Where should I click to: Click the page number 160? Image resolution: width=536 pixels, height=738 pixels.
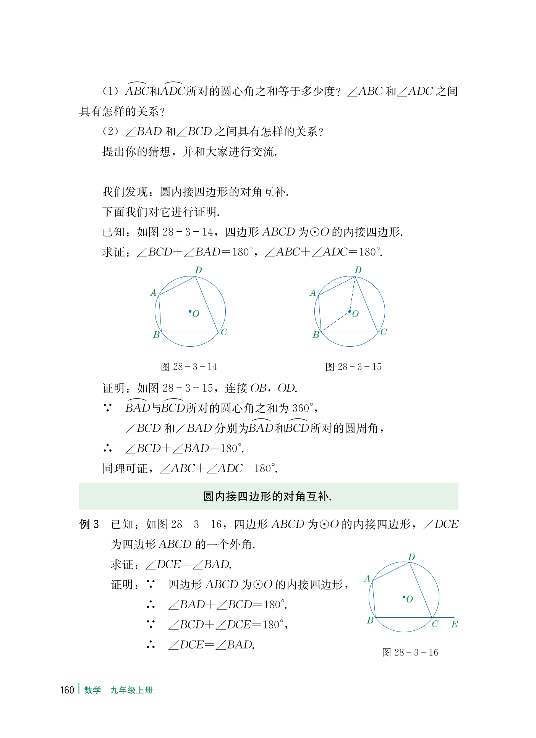67,690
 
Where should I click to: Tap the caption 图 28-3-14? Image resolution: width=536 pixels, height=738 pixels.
189,367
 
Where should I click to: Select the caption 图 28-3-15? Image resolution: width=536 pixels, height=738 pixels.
353,367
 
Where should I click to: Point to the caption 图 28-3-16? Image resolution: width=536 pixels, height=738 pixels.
410,652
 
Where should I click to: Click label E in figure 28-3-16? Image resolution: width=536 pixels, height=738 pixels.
454,624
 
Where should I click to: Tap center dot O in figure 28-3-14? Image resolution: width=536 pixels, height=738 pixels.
190,312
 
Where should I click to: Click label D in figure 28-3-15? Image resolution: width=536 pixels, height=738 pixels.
358,270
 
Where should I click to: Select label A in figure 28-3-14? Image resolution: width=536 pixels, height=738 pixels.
154,293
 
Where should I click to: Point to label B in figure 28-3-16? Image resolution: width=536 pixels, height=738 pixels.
370,620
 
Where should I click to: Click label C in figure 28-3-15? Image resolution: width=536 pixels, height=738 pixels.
384,332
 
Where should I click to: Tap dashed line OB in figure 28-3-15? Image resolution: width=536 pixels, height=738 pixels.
335,322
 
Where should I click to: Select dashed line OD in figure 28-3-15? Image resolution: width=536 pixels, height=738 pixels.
353,294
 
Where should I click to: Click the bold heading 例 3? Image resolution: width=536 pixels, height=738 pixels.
89,524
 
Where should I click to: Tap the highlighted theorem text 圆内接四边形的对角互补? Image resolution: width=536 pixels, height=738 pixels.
267,496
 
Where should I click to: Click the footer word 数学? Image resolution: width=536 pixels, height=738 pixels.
92,690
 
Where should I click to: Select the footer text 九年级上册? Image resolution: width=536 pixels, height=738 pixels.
131,690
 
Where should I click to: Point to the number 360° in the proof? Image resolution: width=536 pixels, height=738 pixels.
303,408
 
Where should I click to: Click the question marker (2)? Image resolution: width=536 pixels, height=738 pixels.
111,132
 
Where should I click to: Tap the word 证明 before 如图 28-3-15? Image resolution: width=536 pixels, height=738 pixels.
113,388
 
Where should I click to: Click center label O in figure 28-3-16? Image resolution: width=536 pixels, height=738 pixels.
410,599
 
